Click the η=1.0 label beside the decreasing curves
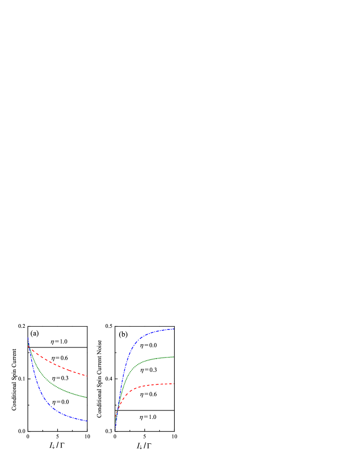click(x=59, y=342)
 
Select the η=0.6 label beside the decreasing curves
click(x=59, y=358)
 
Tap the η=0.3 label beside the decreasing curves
click(x=60, y=378)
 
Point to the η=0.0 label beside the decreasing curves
click(x=60, y=402)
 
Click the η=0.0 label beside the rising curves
click(x=148, y=345)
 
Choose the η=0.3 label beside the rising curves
click(x=148, y=370)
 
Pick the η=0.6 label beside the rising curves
click(x=148, y=394)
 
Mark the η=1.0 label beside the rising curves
click(x=148, y=417)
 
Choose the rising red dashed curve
click(x=132, y=389)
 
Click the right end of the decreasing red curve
click(x=87, y=376)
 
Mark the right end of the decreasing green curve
click(x=86, y=397)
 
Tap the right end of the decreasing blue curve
click(x=87, y=421)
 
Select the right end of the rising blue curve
click(x=174, y=329)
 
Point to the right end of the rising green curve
click(x=174, y=357)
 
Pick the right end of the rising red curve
click(x=174, y=383)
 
